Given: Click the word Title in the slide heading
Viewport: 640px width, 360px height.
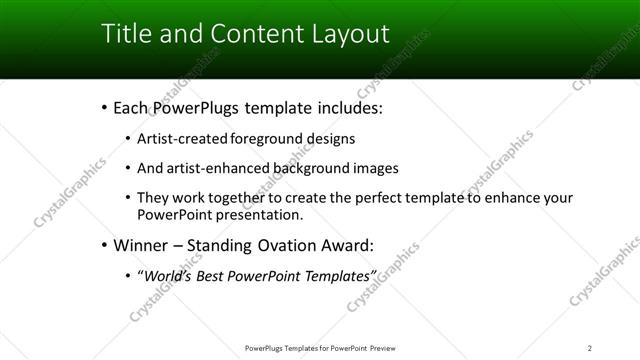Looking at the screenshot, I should (x=125, y=33).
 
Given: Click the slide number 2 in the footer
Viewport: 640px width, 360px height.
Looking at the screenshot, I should (x=590, y=348).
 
